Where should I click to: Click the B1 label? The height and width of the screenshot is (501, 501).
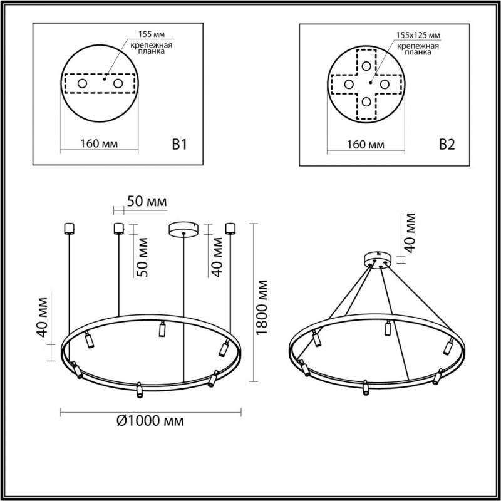pyautogui.click(x=180, y=145)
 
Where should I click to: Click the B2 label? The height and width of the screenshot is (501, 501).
pyautogui.click(x=446, y=145)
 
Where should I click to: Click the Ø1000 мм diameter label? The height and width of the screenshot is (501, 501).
pyautogui.click(x=150, y=421)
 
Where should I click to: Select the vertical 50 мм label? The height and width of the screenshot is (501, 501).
pyautogui.click(x=143, y=257)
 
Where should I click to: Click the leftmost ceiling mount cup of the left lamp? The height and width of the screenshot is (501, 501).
pyautogui.click(x=69, y=227)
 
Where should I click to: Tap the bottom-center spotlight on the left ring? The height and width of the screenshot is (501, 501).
pyautogui.click(x=139, y=391)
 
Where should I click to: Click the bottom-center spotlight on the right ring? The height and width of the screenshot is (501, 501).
pyautogui.click(x=365, y=388)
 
